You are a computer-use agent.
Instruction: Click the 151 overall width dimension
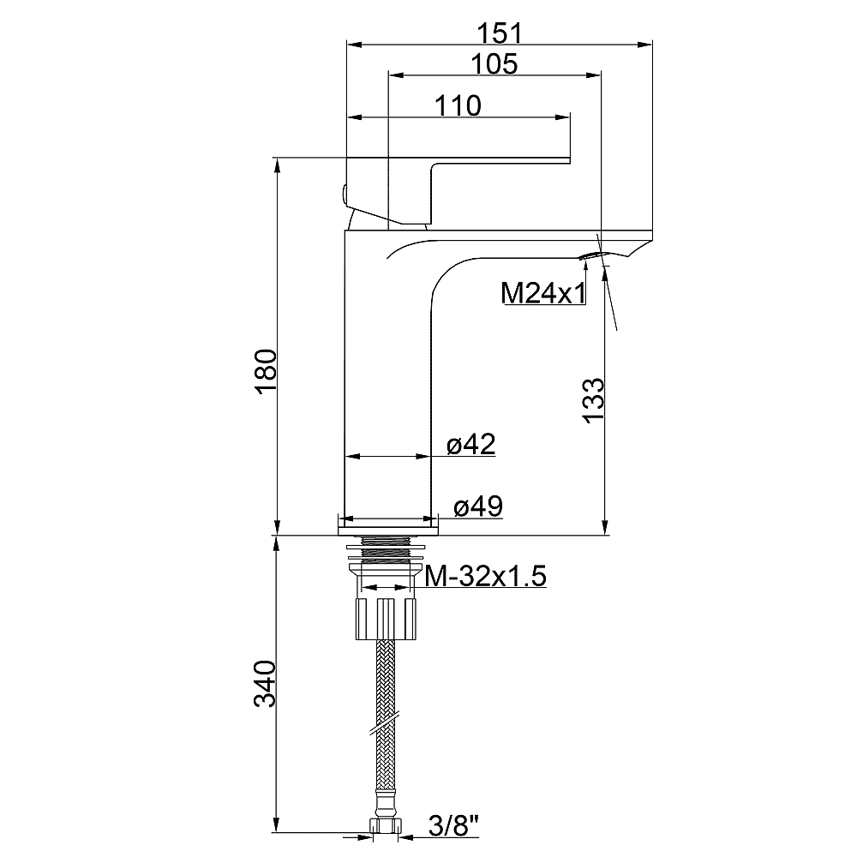pyautogui.click(x=500, y=33)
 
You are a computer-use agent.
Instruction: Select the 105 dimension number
pyautogui.click(x=494, y=64)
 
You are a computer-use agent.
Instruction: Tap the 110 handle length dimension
pyautogui.click(x=458, y=106)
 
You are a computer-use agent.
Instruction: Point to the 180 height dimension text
pyautogui.click(x=267, y=371)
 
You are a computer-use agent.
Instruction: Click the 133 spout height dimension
pyautogui.click(x=594, y=400)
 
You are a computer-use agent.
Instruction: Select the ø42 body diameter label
pyautogui.click(x=471, y=444)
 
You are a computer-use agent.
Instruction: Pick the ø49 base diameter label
pyautogui.click(x=478, y=506)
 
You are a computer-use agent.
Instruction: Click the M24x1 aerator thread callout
pyautogui.click(x=542, y=293)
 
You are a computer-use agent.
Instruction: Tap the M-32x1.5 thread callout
pyautogui.click(x=486, y=576)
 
